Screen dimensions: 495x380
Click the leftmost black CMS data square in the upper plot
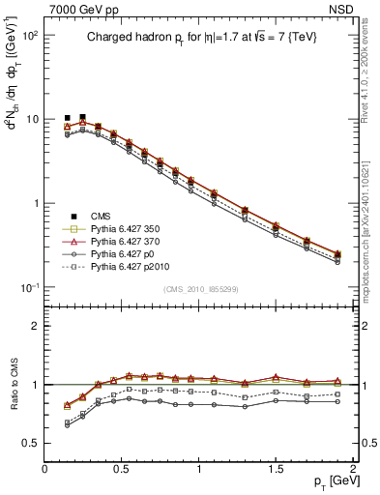[x=67, y=118]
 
